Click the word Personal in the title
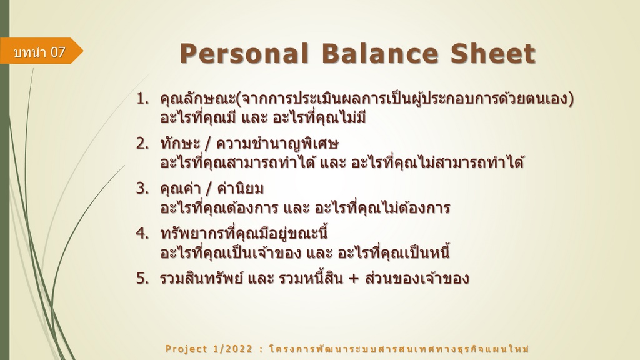click(244, 54)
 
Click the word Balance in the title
click(379, 54)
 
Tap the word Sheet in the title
click(493, 54)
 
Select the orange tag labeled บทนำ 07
click(41, 51)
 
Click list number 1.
click(142, 98)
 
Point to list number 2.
click(142, 143)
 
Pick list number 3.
click(142, 188)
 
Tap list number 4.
click(142, 233)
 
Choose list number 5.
click(142, 278)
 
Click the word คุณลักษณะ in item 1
click(198, 99)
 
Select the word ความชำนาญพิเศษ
click(277, 144)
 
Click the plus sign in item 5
click(354, 279)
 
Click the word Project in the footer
click(186, 349)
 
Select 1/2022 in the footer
click(233, 349)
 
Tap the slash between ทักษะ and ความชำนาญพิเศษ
click(208, 144)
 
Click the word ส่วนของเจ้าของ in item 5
click(417, 278)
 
